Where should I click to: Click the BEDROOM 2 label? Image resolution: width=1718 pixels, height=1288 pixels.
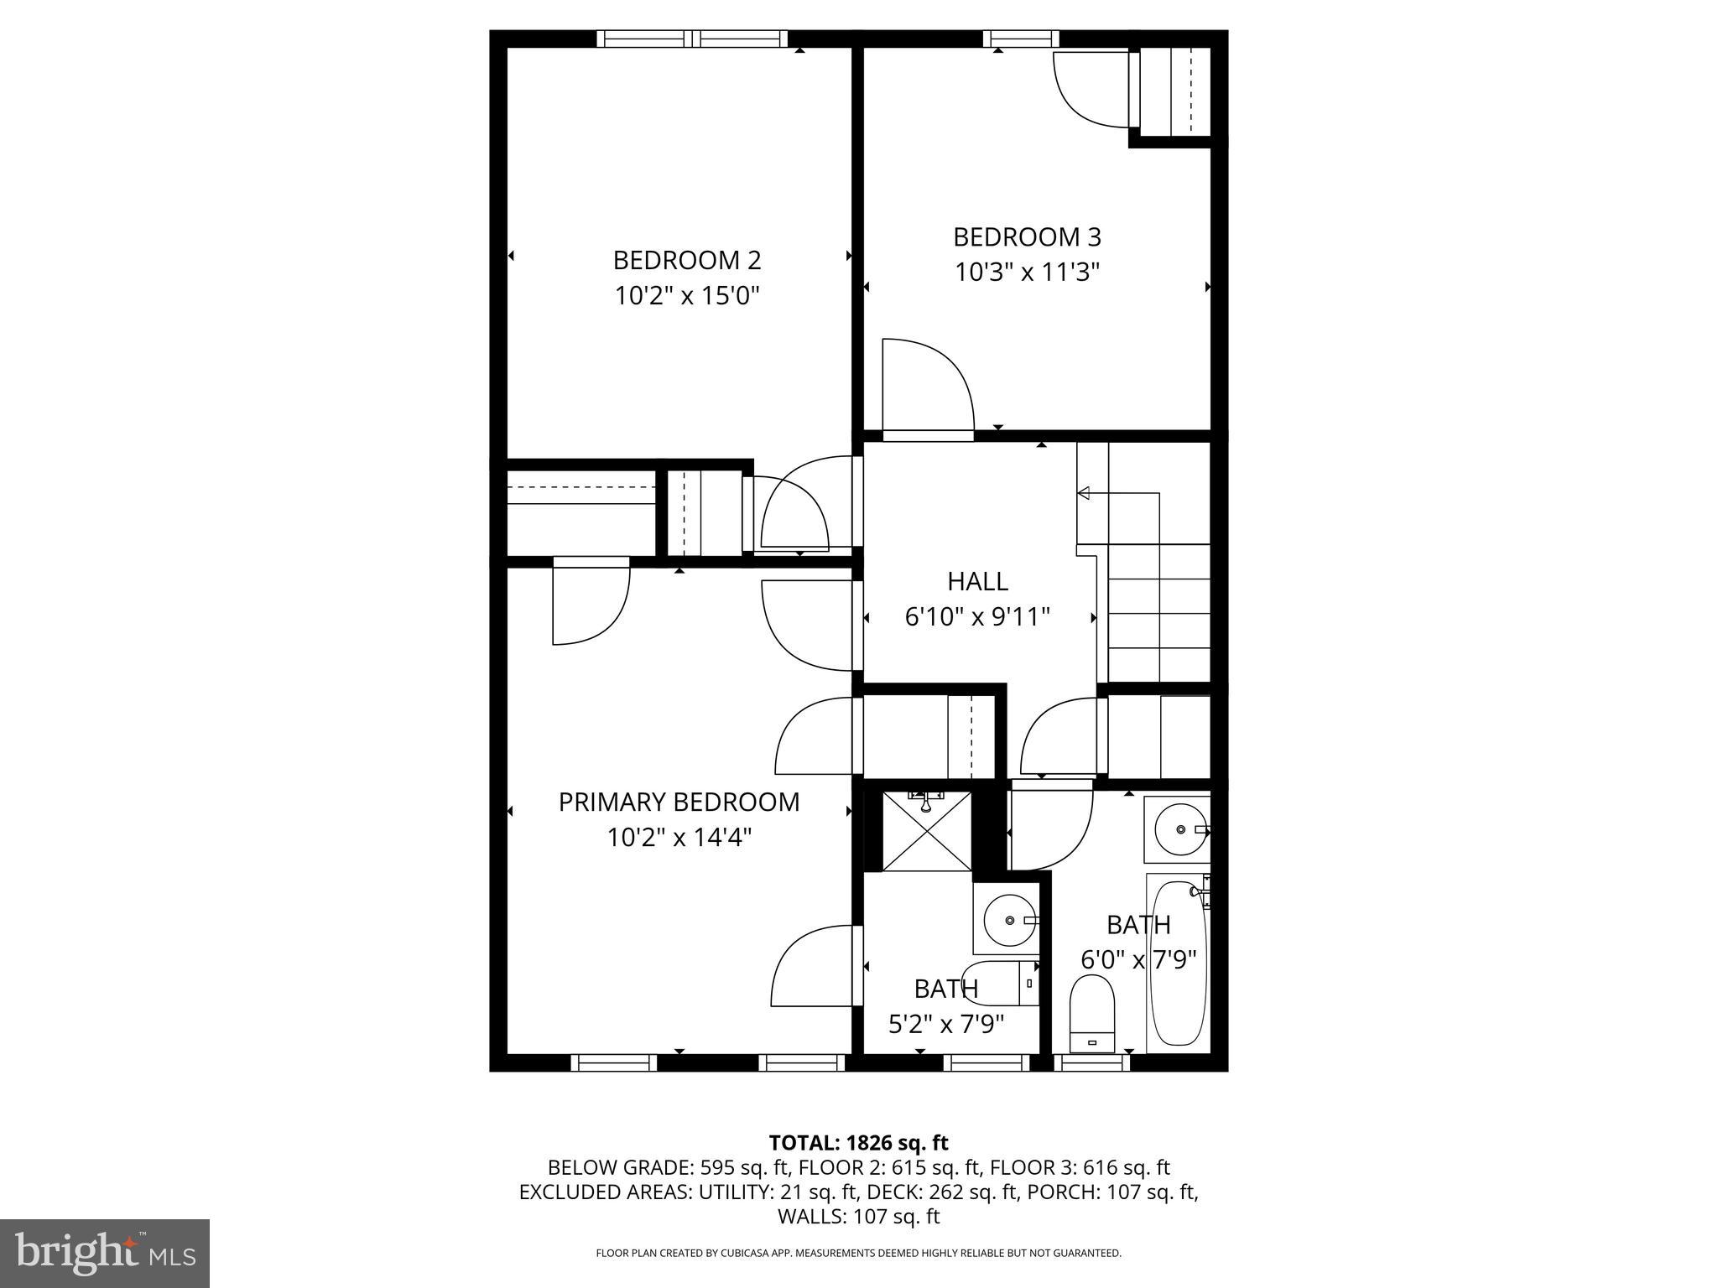tap(686, 260)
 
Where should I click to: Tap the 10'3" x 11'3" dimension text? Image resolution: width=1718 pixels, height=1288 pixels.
tap(1027, 273)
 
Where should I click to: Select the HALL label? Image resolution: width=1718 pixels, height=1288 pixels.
tap(977, 581)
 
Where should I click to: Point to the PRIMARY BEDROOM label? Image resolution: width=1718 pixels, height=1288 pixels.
tap(679, 802)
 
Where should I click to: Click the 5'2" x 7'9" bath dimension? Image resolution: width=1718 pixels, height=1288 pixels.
tap(946, 1024)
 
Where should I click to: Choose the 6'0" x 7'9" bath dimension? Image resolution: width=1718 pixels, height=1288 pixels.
tap(1138, 959)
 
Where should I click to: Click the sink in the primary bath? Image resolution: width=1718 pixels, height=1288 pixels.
tap(1009, 920)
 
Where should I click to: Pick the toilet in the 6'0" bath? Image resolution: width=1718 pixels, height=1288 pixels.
tap(1091, 1014)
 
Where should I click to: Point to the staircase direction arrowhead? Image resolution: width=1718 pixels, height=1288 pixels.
tap(1083, 493)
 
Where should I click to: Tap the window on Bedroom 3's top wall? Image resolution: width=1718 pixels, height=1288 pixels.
tap(1020, 38)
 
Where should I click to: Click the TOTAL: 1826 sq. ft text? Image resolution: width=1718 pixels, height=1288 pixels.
tap(858, 1143)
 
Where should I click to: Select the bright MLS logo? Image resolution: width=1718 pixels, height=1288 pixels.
tap(105, 1253)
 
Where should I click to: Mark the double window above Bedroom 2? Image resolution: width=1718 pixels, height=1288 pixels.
tap(692, 38)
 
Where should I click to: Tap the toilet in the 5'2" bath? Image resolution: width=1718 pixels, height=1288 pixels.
tap(1001, 984)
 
